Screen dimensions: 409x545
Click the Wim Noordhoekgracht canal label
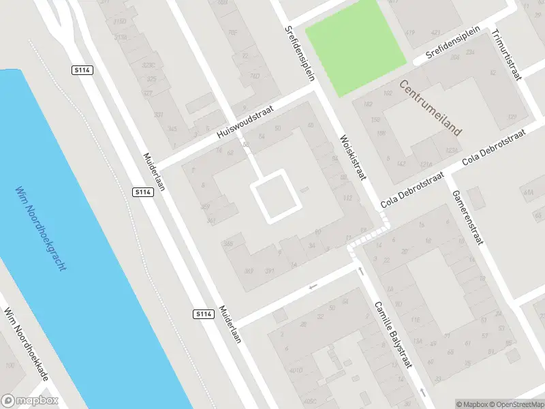coord(41,228)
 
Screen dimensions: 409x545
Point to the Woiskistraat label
coord(353,157)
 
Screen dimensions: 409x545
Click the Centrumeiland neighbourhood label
coord(431,107)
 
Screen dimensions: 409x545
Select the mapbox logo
coord(30,401)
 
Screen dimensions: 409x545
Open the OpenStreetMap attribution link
coord(516,404)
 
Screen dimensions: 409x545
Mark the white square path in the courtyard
coord(277,198)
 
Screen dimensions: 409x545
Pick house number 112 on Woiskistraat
coord(348,198)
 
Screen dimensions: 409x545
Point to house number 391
coord(270,271)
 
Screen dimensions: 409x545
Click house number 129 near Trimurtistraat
coord(512,117)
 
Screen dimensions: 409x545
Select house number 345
coord(172,128)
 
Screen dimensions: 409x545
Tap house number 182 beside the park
coord(368,104)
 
